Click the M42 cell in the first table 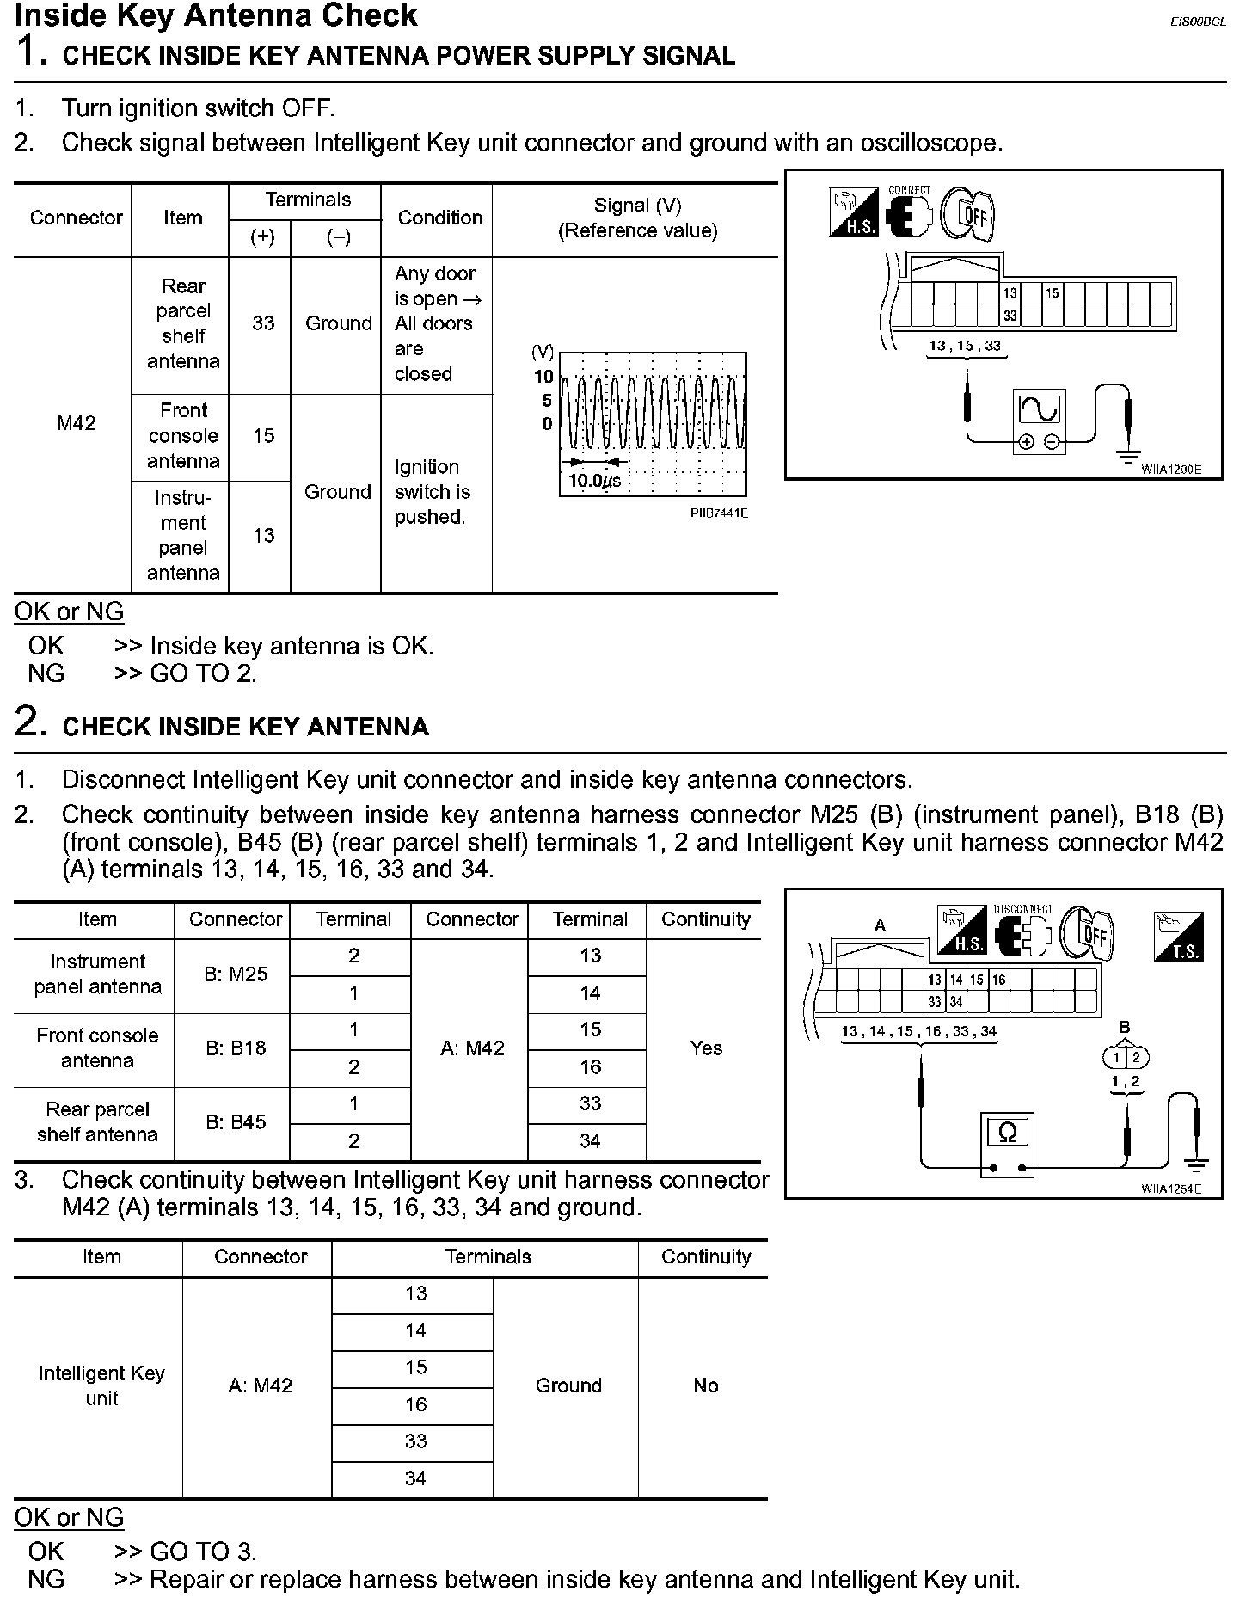(77, 423)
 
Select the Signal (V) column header (637, 218)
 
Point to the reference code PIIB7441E (719, 513)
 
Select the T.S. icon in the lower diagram (1178, 936)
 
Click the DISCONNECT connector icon (1023, 932)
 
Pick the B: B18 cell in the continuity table (236, 1048)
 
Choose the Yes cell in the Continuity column (706, 1048)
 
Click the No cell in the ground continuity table (706, 1386)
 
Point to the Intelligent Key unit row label (101, 1386)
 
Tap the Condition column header (440, 218)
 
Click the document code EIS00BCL (1198, 22)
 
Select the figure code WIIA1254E (1171, 1189)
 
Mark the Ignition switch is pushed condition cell (433, 492)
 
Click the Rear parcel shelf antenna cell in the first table (183, 323)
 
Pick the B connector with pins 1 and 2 (1125, 1057)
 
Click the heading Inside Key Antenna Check (216, 15)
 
